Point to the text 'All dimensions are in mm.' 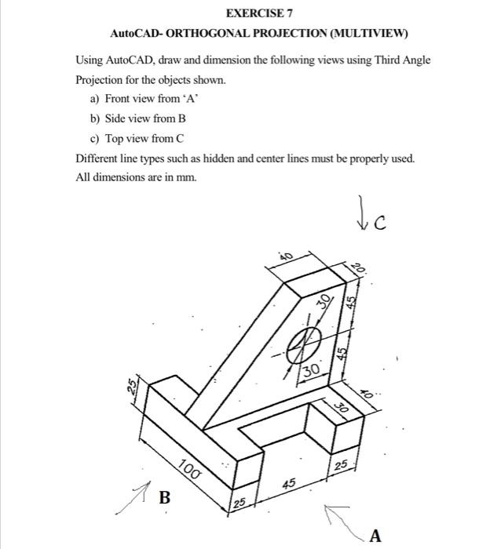[x=137, y=178]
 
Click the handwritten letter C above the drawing [x=380, y=224]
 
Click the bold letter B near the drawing [x=165, y=496]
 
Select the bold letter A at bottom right [x=375, y=536]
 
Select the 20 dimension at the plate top [x=359, y=267]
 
